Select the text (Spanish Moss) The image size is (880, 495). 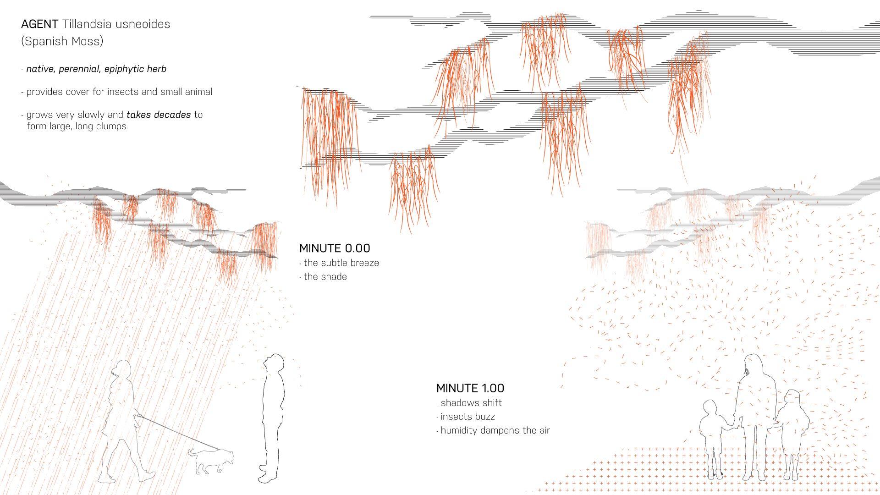[62, 41]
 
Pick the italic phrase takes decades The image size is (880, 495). [159, 115]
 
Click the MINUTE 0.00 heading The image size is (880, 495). [334, 248]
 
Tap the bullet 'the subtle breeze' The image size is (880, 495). [341, 263]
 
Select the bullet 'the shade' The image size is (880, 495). [325, 277]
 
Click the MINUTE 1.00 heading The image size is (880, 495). [470, 388]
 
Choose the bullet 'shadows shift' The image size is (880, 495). [471, 403]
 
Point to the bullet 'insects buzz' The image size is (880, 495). [467, 417]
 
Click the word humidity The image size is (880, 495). [459, 430]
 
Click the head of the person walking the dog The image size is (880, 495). [122, 369]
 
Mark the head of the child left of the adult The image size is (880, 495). [710, 409]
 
